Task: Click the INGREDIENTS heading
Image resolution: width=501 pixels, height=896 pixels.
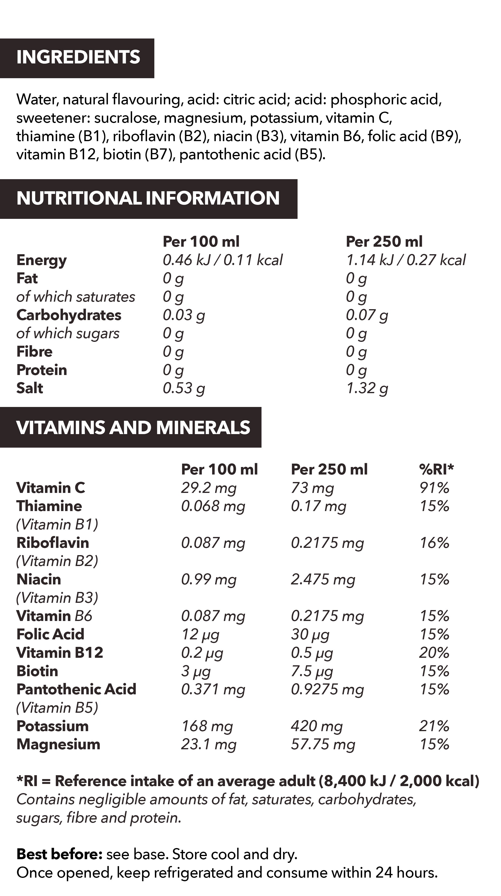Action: click(78, 57)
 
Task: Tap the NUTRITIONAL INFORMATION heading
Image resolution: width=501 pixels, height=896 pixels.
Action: click(148, 198)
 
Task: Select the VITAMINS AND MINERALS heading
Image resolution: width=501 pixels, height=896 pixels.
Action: click(133, 428)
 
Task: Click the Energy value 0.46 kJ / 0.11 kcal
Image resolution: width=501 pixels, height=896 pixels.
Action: click(223, 260)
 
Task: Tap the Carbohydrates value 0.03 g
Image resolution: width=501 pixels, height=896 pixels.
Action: click(184, 315)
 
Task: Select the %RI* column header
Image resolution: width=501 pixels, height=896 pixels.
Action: click(436, 470)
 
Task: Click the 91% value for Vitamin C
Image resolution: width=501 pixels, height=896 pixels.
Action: click(434, 488)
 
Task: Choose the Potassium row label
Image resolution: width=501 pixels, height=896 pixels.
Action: click(52, 726)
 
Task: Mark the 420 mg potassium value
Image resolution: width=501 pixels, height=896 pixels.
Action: click(317, 726)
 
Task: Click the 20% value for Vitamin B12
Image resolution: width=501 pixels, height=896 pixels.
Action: click(434, 653)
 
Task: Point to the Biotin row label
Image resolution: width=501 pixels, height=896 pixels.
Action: click(37, 671)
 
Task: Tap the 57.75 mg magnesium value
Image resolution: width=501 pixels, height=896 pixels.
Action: click(323, 744)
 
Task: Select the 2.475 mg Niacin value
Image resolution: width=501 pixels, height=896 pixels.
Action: click(323, 580)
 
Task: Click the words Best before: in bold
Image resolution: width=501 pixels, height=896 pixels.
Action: click(59, 855)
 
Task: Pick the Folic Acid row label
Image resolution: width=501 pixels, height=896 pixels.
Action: click(50, 635)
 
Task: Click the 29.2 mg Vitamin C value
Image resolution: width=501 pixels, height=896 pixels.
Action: click(209, 488)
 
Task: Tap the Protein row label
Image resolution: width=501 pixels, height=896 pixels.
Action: click(42, 370)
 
